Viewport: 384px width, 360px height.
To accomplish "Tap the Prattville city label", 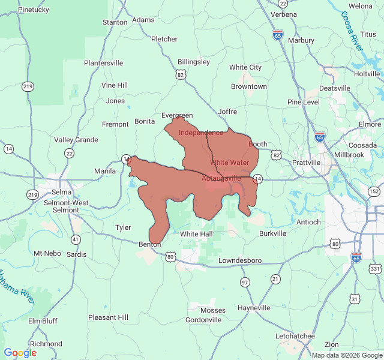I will (306, 163).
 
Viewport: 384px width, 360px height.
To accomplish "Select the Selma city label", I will (61, 192).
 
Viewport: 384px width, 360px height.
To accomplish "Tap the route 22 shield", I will (70, 154).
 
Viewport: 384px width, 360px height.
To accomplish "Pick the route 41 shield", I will (76, 239).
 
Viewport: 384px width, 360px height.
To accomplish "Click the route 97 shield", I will (245, 282).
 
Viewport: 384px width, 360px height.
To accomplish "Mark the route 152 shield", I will (374, 191).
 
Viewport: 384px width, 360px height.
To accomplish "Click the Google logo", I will (20, 353).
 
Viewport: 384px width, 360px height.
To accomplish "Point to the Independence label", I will (201, 133).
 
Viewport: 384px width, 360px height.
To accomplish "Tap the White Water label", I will (229, 163).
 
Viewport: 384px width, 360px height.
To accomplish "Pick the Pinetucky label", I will (34, 10).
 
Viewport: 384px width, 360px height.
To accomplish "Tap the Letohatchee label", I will (295, 336).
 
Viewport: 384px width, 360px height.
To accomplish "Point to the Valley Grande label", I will (76, 140).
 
